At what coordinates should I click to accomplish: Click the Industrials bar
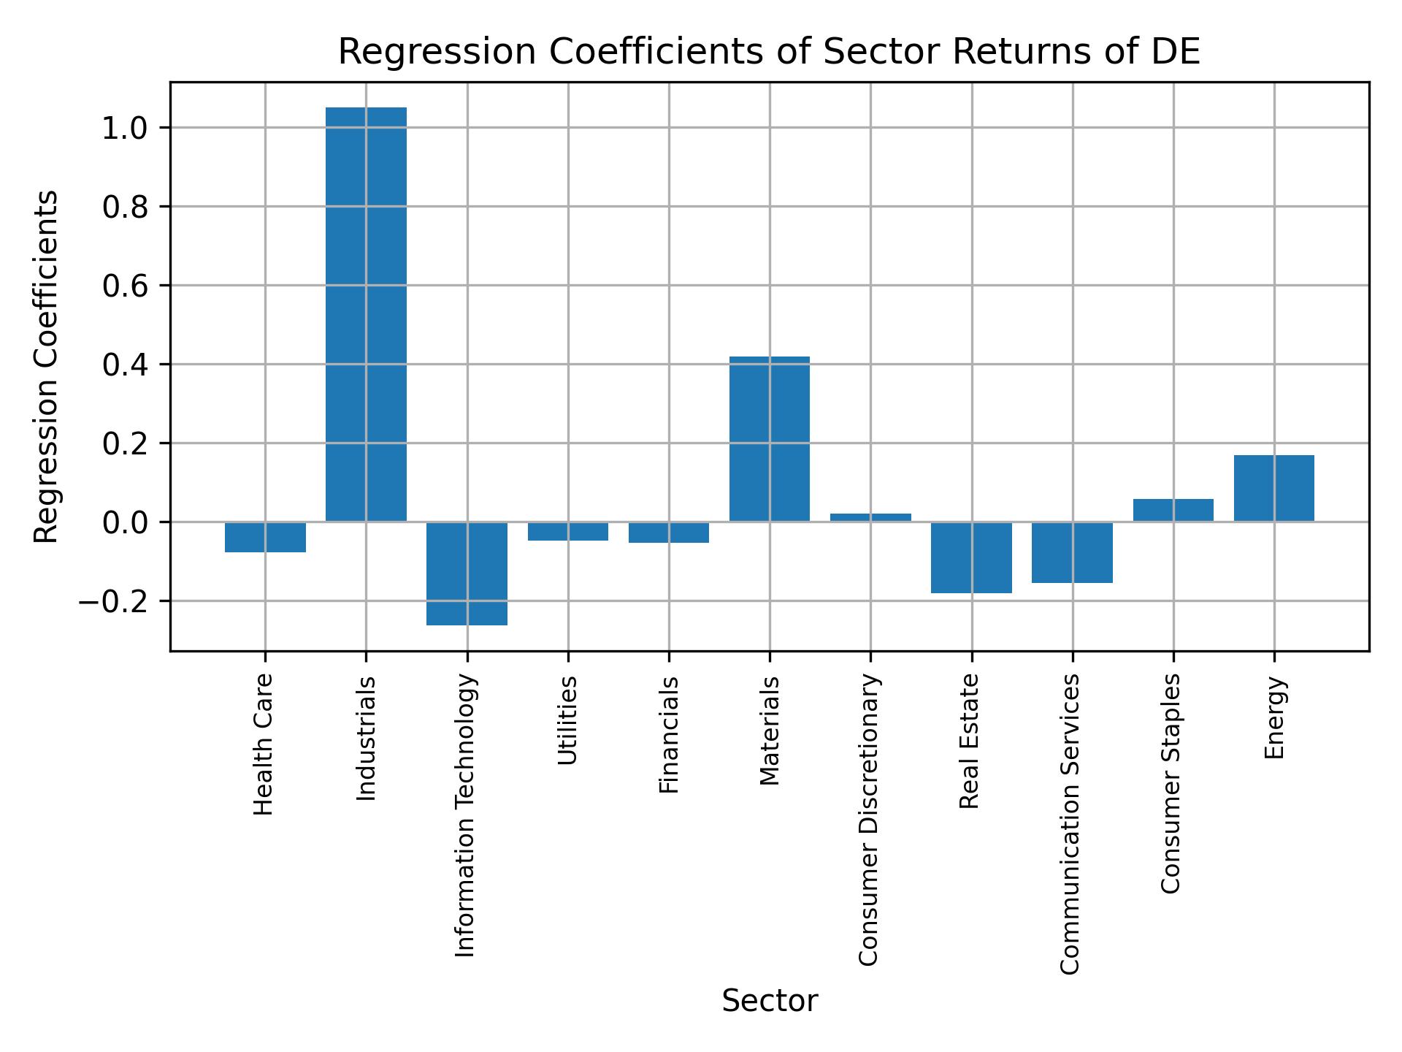(366, 314)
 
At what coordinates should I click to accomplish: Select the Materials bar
(770, 438)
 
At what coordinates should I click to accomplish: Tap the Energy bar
(1274, 488)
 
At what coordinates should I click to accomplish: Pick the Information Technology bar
(467, 573)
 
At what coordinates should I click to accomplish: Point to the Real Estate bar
(972, 557)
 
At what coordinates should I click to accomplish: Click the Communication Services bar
(1073, 552)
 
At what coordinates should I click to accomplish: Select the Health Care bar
(265, 537)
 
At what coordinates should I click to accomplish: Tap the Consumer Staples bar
(1173, 510)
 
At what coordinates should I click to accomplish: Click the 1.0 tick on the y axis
(125, 129)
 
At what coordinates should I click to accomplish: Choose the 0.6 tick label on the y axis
(125, 286)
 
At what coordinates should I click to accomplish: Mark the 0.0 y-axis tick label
(125, 523)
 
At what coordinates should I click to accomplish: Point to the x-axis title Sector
(770, 1001)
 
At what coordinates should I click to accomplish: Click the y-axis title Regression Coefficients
(47, 367)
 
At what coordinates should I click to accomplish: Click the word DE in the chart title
(1179, 53)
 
